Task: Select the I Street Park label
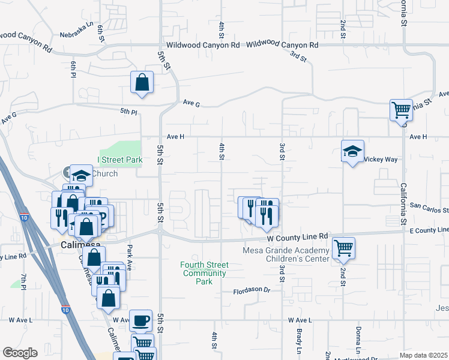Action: point(120,160)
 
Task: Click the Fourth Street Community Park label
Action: point(203,273)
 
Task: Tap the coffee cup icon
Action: point(141,320)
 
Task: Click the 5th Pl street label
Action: point(128,112)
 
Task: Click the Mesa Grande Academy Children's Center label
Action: point(286,254)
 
